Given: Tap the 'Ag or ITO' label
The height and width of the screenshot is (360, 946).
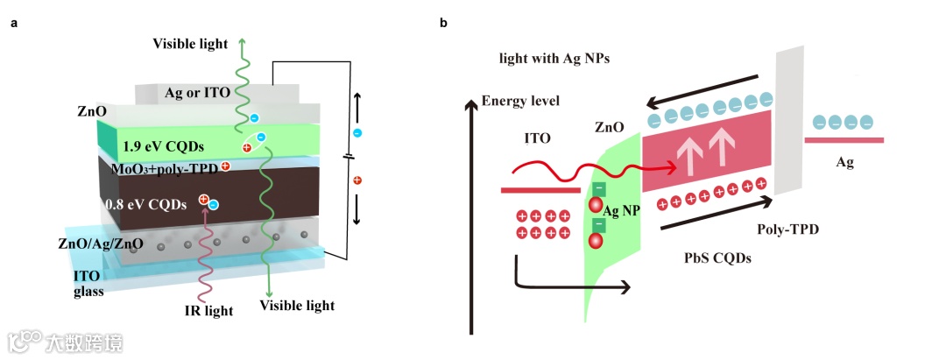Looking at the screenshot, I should click(x=196, y=92).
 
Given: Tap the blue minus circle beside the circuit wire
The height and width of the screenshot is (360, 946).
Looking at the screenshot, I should click(x=357, y=133).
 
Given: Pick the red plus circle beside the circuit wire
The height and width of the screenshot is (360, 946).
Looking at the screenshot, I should click(x=357, y=180).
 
